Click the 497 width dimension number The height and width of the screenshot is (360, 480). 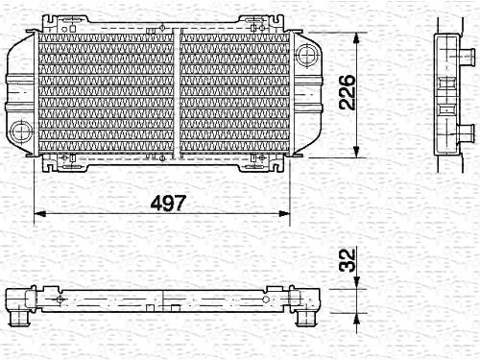point(168,203)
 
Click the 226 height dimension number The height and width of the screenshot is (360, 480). point(348,92)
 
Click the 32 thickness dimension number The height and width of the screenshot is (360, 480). point(348,259)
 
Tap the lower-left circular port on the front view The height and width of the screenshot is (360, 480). point(21,132)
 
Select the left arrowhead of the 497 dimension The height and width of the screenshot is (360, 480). point(40,213)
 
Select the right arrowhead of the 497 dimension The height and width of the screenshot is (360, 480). point(284,213)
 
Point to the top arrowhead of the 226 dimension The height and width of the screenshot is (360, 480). point(356,38)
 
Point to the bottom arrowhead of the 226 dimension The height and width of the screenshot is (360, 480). point(356,152)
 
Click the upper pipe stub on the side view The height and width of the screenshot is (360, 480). point(467,55)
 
